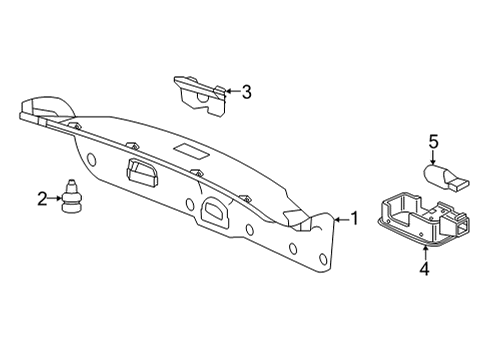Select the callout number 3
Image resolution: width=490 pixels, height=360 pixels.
247,92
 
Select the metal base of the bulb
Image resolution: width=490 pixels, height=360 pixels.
461,181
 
